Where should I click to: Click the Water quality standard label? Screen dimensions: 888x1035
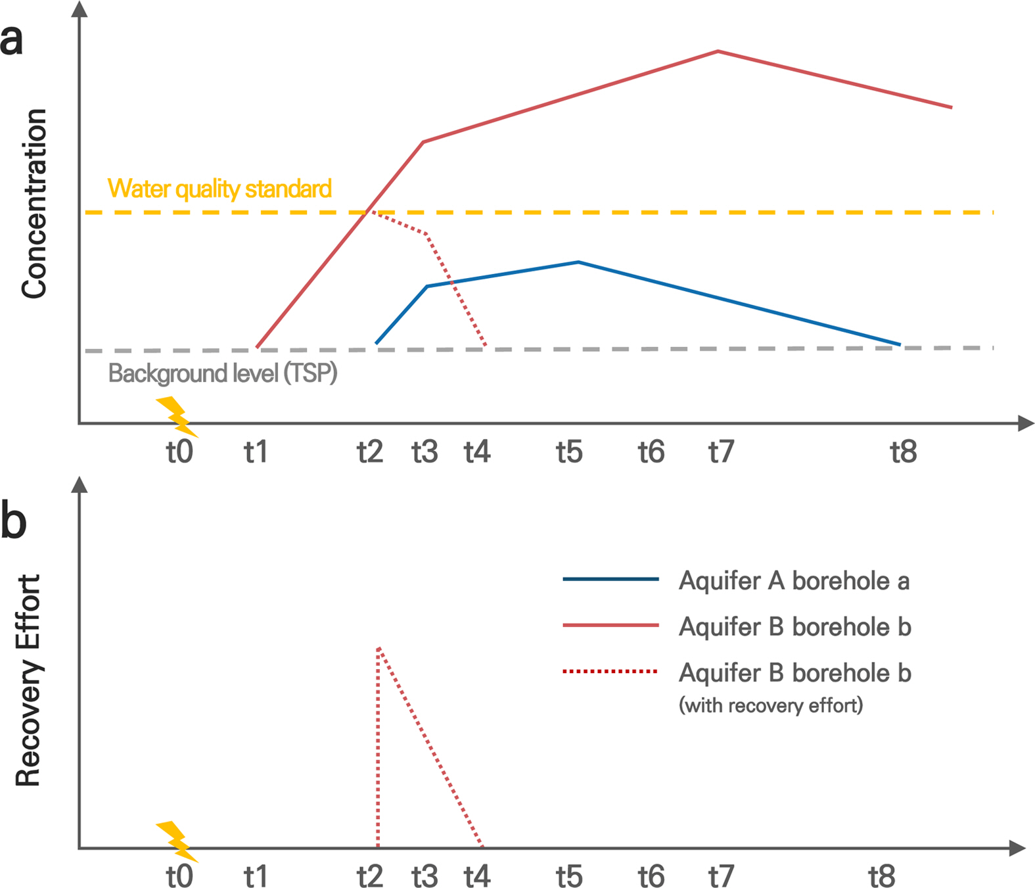tap(219, 189)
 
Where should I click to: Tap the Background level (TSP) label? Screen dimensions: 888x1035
tap(223, 373)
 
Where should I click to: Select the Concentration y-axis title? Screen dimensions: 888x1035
tap(34, 204)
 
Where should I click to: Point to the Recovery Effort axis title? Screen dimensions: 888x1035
tap(28, 680)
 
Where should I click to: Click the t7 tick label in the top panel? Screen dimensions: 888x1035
tap(721, 452)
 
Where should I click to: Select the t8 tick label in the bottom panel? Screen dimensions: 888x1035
tap(882, 877)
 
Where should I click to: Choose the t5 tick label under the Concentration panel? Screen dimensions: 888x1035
tap(569, 452)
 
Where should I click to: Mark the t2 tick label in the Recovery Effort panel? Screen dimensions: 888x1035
tap(370, 877)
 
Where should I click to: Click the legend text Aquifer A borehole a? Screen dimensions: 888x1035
tap(794, 581)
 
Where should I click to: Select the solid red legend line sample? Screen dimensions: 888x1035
tap(610, 626)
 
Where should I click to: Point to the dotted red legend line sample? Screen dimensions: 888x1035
tap(610, 672)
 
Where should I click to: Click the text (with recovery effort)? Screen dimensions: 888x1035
tap(771, 705)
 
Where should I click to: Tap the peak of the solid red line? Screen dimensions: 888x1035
tap(718, 51)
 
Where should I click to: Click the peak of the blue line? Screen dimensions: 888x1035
tap(578, 262)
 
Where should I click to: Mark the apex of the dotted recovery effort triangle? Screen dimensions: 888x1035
tap(379, 648)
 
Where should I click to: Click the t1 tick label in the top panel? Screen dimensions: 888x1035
tap(256, 452)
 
